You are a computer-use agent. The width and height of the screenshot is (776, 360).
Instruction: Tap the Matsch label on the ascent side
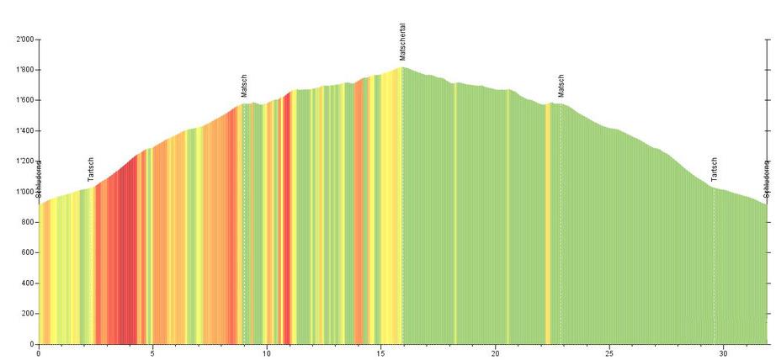click(244, 87)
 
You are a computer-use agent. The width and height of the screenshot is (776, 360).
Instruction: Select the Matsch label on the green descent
click(561, 86)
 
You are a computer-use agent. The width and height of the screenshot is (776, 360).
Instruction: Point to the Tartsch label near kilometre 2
click(91, 169)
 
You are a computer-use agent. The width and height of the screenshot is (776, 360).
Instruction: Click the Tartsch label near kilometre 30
click(715, 169)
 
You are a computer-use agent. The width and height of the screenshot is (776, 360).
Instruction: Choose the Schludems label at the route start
click(39, 178)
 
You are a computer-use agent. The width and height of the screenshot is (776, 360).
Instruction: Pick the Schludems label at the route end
click(767, 178)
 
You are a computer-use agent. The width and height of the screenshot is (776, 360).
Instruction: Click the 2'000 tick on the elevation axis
click(24, 40)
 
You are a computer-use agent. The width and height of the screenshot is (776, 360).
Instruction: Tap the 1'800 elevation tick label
click(24, 70)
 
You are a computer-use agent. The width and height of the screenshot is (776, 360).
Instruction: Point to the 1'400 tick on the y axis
click(24, 131)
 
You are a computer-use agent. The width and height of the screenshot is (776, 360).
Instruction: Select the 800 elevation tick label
click(27, 222)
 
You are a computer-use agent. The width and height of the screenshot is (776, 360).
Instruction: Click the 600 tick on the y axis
click(27, 252)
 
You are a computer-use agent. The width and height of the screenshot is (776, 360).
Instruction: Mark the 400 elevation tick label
click(27, 283)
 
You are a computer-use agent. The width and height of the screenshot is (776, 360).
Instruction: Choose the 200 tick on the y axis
click(27, 314)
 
